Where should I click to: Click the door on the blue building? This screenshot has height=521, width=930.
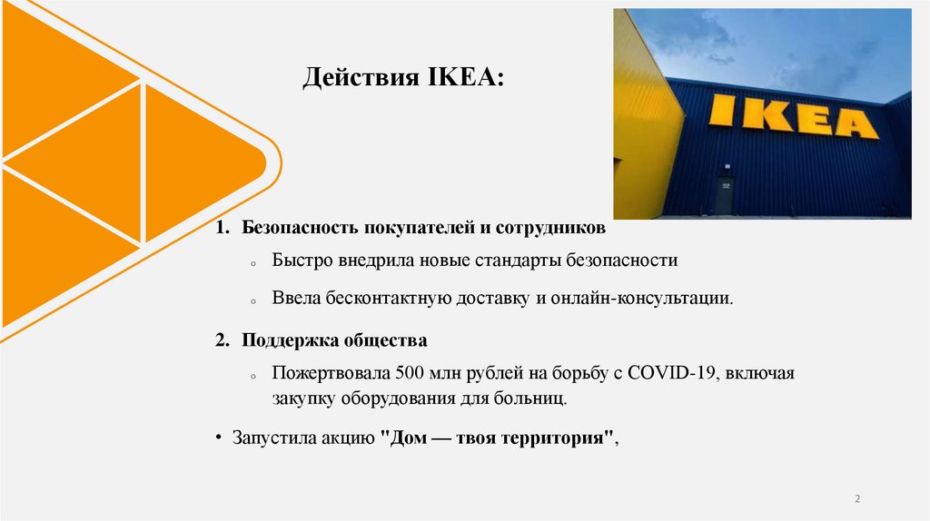pos(724,195)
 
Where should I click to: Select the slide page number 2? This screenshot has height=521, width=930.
pos(857,500)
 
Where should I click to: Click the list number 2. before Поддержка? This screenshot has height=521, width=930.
pos(223,341)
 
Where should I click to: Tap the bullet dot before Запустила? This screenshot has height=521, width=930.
pos(220,437)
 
